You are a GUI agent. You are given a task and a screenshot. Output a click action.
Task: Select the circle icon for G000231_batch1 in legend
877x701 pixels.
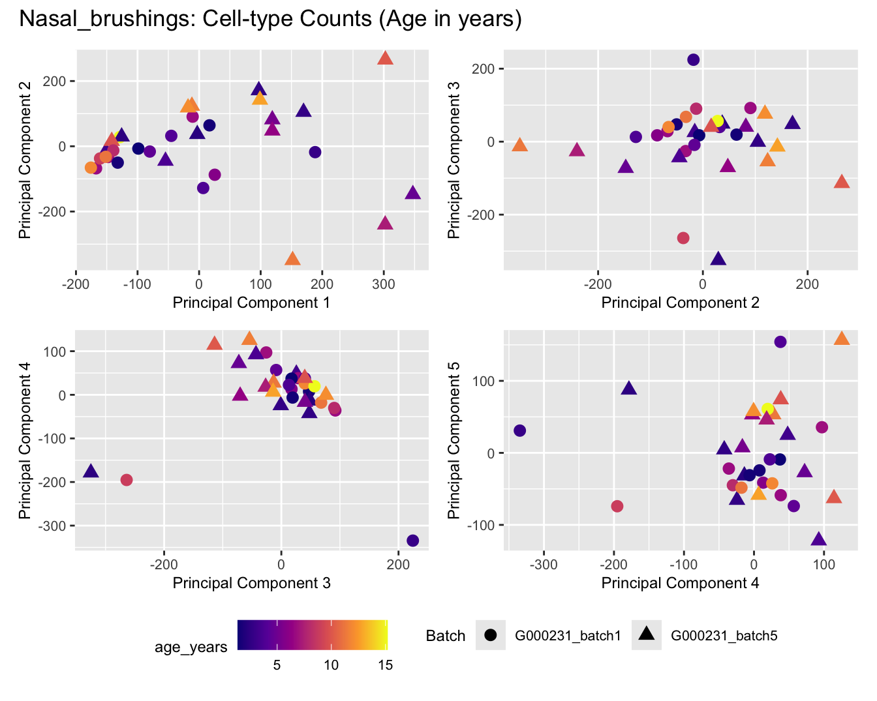(490, 635)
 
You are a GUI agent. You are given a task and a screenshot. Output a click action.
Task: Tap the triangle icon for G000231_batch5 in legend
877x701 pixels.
(647, 634)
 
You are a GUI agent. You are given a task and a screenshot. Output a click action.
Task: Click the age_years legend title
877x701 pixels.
(191, 647)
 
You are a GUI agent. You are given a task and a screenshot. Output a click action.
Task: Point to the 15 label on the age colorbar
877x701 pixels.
(385, 665)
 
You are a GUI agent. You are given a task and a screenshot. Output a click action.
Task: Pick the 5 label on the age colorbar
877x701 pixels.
(277, 665)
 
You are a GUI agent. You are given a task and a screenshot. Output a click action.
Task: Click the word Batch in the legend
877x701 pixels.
(446, 636)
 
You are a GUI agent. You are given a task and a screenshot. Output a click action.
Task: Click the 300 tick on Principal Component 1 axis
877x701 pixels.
(384, 284)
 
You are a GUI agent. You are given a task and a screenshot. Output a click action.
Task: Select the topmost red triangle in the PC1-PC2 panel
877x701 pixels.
(385, 59)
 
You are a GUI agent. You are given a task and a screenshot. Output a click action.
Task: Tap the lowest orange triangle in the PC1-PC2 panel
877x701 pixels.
(293, 260)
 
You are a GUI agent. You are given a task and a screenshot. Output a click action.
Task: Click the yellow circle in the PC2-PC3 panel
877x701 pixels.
(718, 121)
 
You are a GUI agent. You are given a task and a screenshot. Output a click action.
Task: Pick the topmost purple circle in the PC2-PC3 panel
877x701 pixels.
(694, 60)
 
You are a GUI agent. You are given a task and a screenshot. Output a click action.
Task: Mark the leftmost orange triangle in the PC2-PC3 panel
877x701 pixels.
(519, 145)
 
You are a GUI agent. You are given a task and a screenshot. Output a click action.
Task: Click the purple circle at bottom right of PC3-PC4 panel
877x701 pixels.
(412, 541)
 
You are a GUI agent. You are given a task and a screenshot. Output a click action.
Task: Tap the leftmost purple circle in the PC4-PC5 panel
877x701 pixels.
(519, 430)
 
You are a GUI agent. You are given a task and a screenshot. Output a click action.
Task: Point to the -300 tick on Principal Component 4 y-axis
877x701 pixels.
(60, 526)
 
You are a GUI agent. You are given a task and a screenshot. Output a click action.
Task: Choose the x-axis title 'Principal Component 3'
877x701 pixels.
(251, 583)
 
